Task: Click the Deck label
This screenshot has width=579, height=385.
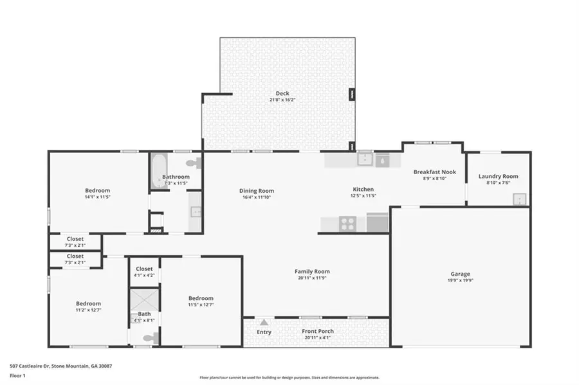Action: (282, 93)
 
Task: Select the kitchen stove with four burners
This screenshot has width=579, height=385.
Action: (348, 224)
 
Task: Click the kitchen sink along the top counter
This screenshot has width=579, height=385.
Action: (365, 159)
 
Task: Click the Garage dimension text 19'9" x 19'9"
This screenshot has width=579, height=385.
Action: (460, 281)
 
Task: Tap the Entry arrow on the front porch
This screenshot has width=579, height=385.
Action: (264, 322)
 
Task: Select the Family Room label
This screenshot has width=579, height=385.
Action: (312, 271)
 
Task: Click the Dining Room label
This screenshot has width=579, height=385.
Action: (257, 191)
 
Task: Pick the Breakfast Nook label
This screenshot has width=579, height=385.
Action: (434, 172)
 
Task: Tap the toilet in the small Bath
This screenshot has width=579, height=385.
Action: (147, 337)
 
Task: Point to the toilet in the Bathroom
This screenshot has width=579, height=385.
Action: (193, 163)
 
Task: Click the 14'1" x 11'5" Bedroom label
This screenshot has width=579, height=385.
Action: (98, 190)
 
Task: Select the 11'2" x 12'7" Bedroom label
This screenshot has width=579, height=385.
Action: (89, 303)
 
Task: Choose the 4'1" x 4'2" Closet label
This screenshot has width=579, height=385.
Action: (144, 269)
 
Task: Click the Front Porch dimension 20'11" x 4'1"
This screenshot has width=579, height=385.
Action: (318, 337)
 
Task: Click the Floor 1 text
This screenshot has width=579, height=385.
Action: (17, 375)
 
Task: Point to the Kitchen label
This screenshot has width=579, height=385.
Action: (363, 190)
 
